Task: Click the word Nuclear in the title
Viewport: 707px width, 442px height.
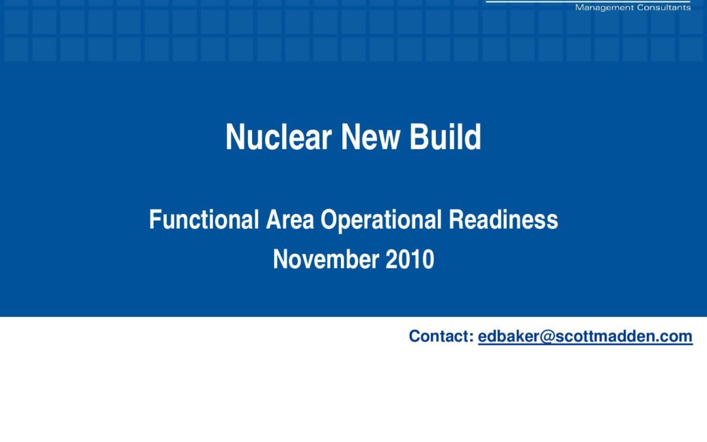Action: tap(279, 137)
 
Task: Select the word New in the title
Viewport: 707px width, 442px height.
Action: tap(370, 137)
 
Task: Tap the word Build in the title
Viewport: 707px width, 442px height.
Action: tap(445, 137)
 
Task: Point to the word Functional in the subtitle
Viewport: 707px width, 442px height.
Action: tap(204, 219)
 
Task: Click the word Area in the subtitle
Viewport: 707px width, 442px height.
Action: tap(289, 219)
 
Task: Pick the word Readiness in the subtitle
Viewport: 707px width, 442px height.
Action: tap(503, 219)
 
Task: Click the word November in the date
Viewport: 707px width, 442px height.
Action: tap(325, 259)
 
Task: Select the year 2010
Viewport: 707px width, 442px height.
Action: tap(410, 259)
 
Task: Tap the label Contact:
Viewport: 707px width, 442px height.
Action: tap(441, 337)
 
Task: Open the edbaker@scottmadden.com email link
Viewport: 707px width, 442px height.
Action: tap(585, 337)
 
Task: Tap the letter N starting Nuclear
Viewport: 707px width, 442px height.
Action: tap(234, 137)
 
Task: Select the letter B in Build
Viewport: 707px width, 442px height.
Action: tap(418, 137)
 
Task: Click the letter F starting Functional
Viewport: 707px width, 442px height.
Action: tap(154, 219)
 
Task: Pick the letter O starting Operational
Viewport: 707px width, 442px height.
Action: tap(328, 219)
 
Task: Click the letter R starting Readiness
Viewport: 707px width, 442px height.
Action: tap(456, 219)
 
